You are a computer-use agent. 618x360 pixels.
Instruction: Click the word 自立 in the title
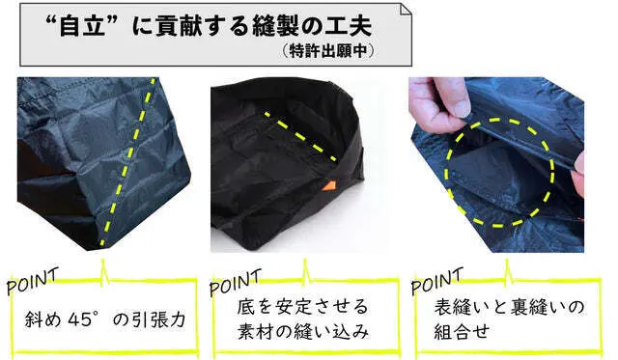(x=82, y=27)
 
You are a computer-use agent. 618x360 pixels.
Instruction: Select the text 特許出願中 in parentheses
(x=328, y=51)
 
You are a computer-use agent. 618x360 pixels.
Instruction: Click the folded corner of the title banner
(x=406, y=10)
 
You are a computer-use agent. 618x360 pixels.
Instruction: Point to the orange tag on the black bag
(x=329, y=186)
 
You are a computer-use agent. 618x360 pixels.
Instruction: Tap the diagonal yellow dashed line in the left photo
(x=127, y=162)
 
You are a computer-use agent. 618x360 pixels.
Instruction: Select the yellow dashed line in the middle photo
(x=300, y=136)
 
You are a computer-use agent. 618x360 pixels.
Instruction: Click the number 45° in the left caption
(x=82, y=318)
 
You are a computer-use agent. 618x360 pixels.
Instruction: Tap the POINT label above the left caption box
(x=32, y=281)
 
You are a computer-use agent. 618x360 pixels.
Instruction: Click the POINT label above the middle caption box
(x=236, y=281)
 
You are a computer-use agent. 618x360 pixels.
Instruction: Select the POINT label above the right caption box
(x=436, y=281)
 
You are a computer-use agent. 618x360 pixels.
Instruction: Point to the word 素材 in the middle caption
(x=255, y=332)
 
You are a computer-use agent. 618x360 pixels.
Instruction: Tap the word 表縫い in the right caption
(x=463, y=307)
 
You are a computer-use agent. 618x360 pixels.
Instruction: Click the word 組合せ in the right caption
(x=462, y=332)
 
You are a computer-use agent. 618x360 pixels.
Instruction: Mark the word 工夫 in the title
(x=348, y=26)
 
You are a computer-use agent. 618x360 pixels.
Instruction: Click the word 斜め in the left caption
(x=42, y=319)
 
